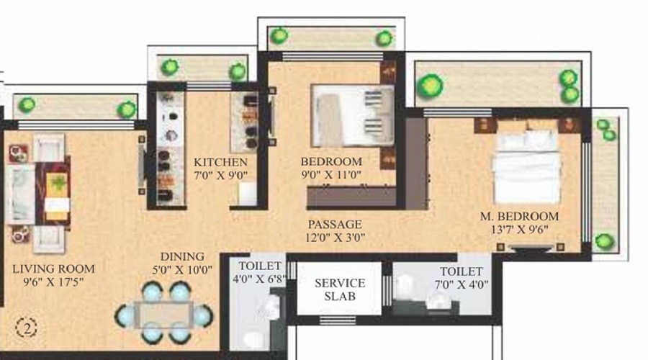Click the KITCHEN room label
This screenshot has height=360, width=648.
point(220,162)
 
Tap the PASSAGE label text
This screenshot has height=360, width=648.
point(335,225)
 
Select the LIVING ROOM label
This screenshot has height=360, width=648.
point(53,270)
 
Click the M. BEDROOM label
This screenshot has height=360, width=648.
point(520,217)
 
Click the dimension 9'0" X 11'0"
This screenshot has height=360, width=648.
point(330,174)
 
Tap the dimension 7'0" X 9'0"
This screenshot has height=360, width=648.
point(220,175)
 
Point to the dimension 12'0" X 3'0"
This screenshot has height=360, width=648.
point(335,238)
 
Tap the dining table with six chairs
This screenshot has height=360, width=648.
point(163,313)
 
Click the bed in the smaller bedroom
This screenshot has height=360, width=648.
point(352,114)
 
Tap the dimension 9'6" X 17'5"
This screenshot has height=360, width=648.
point(53,283)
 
